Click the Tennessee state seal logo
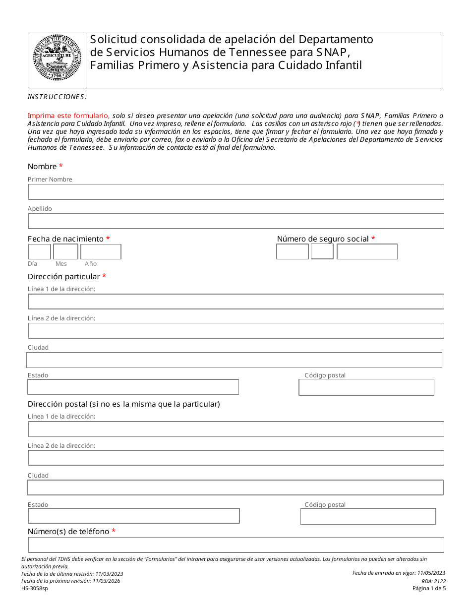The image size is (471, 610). pyautogui.click(x=57, y=58)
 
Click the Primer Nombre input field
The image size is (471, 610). pyautogui.click(x=235, y=192)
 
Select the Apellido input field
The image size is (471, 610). pyautogui.click(x=235, y=221)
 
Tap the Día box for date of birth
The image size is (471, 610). pyautogui.click(x=39, y=252)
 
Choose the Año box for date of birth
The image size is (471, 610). pyautogui.click(x=101, y=252)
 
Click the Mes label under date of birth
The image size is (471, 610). pyautogui.click(x=61, y=264)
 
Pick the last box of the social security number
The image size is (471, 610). pyautogui.click(x=367, y=252)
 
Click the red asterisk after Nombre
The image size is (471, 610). pyautogui.click(x=61, y=167)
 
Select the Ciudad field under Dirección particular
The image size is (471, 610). pyautogui.click(x=234, y=360)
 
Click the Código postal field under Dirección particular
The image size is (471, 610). pyautogui.click(x=366, y=387)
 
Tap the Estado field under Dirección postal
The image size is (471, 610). pyautogui.click(x=133, y=516)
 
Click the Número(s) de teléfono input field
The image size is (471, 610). pyautogui.click(x=235, y=545)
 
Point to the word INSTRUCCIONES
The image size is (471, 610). pyautogui.click(x=57, y=97)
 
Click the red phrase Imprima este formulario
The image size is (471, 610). pyautogui.click(x=68, y=115)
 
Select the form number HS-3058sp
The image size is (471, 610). pyautogui.click(x=35, y=589)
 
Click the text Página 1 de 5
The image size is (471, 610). pyautogui.click(x=429, y=589)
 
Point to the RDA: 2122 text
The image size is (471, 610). pyautogui.click(x=434, y=581)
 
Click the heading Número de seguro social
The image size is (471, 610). pyautogui.click(x=323, y=239)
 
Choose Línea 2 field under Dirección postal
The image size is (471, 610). pyautogui.click(x=235, y=458)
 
